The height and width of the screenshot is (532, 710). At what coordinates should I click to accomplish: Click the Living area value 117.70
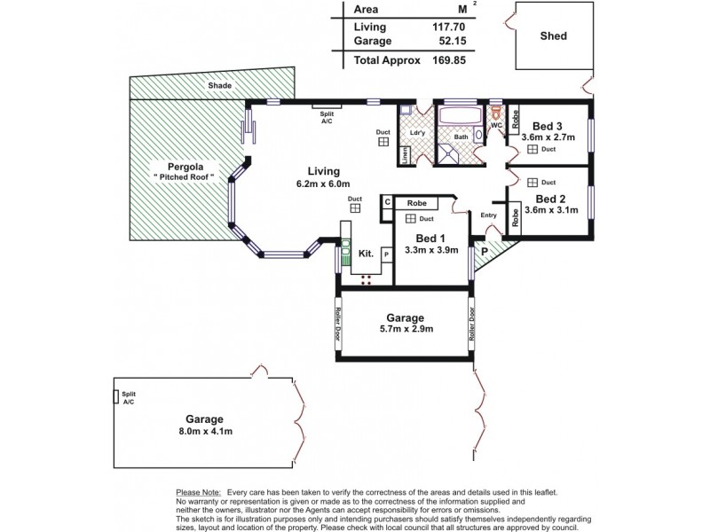click(x=448, y=27)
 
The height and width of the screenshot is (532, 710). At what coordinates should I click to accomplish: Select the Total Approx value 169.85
click(x=448, y=60)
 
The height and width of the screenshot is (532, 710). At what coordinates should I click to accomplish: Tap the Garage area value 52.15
click(x=453, y=41)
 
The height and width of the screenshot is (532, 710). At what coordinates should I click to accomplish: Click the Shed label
click(x=553, y=35)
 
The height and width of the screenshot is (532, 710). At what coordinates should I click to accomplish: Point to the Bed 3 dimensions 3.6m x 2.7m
click(x=548, y=137)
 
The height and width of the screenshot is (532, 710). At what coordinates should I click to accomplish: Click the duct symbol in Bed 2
click(x=532, y=183)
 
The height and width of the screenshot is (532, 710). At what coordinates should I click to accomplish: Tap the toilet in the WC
click(x=497, y=113)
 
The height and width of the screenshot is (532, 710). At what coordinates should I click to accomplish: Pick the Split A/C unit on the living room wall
click(x=327, y=106)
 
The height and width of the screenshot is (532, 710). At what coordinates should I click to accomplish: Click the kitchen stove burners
click(x=366, y=279)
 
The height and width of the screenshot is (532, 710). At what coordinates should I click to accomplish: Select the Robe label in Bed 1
click(x=416, y=203)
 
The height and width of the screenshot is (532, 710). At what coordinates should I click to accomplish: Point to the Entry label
click(x=489, y=215)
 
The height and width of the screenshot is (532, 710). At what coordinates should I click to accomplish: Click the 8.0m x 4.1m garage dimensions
click(x=206, y=432)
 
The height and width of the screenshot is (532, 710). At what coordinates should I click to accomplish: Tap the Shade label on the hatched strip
click(x=219, y=85)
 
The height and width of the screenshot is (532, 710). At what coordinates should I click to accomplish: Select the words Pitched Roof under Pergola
click(x=184, y=177)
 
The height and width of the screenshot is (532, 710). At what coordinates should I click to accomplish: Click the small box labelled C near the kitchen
click(x=387, y=202)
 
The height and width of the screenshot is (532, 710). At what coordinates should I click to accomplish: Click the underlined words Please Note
click(x=198, y=492)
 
